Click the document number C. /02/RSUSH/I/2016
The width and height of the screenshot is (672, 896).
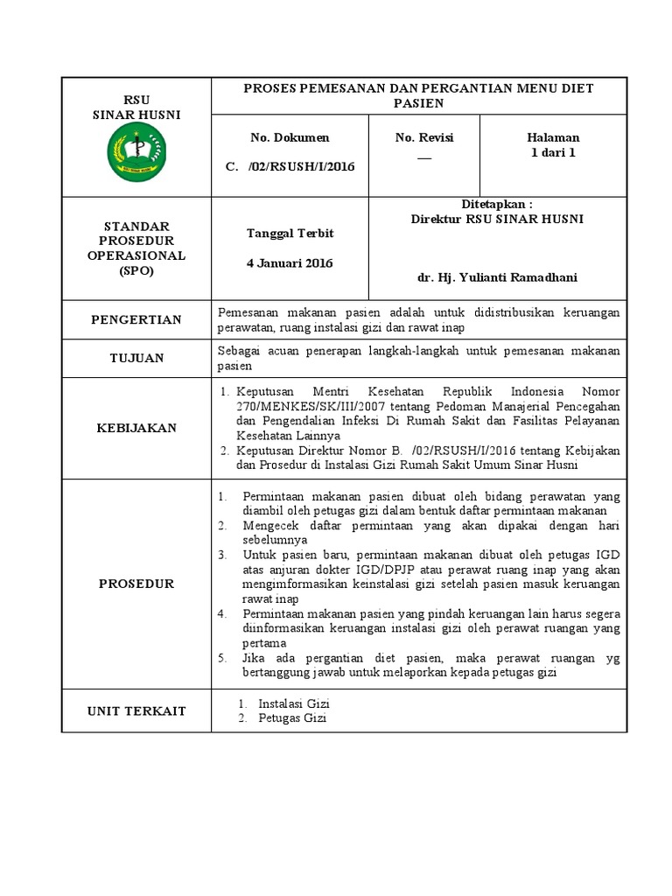point(290,166)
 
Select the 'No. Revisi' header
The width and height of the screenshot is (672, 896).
point(424,137)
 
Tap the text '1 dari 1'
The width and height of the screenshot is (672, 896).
point(553,152)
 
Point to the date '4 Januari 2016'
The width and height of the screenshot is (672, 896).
point(290,263)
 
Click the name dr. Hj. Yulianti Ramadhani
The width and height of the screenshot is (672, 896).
point(497,277)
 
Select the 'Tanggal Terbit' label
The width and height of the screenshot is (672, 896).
point(290,234)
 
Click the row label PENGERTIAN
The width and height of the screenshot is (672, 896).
point(136,319)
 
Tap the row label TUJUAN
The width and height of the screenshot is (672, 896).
point(136,358)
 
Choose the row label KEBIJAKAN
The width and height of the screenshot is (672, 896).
point(136,427)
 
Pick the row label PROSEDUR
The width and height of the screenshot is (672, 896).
point(136,583)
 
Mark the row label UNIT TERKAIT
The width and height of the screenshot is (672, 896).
point(136,710)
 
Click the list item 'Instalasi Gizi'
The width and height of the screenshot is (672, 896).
point(294,703)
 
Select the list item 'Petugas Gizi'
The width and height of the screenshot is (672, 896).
point(292,718)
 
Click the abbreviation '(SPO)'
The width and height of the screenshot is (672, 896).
point(136,270)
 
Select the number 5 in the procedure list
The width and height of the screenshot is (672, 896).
point(224,658)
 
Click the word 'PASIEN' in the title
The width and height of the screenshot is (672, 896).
point(419,103)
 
